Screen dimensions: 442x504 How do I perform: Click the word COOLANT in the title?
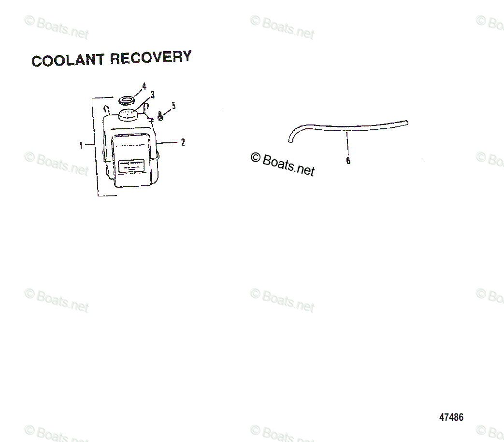point(67,60)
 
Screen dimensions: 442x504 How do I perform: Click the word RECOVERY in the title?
point(150,57)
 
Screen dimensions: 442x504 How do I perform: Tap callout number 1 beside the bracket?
point(81,144)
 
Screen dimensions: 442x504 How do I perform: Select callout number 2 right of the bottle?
point(183,142)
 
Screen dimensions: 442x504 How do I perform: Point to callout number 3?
point(152,94)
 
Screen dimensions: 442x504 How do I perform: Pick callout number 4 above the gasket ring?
point(144,86)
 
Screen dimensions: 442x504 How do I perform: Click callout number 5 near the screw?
point(173,106)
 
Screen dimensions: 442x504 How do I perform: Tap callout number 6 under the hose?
point(348,161)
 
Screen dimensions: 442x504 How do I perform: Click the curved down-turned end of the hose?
point(291,138)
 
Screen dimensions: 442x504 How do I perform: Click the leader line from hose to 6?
point(347,142)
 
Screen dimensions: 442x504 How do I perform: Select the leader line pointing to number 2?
point(169,142)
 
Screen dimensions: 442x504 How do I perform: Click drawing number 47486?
point(451,417)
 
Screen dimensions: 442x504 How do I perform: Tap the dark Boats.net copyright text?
point(283,164)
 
